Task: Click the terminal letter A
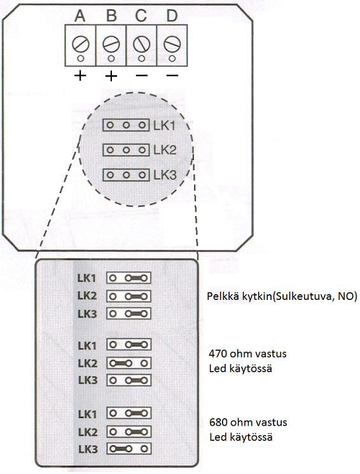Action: (x=80, y=16)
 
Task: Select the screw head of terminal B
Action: (x=111, y=44)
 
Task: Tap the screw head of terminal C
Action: (x=141, y=44)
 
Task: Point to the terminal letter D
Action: (x=172, y=16)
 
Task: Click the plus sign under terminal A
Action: (x=80, y=76)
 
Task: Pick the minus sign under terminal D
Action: (x=172, y=75)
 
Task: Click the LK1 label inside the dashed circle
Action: (x=164, y=125)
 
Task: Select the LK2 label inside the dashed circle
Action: (x=165, y=150)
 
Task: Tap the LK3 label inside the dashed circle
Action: (x=165, y=175)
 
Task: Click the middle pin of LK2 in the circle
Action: (x=127, y=150)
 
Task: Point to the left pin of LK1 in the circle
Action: (x=110, y=125)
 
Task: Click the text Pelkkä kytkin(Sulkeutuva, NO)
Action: (x=282, y=297)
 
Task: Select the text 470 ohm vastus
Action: (x=248, y=353)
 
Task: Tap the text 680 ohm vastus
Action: (x=248, y=422)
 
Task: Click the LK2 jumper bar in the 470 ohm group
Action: (x=120, y=363)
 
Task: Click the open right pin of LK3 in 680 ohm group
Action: (x=144, y=449)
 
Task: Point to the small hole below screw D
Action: (x=172, y=58)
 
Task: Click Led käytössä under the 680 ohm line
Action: (x=241, y=437)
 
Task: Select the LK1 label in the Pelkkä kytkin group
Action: (x=87, y=278)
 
